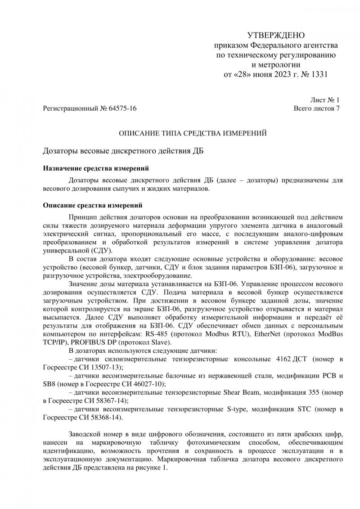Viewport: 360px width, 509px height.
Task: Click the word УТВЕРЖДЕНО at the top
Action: click(x=276, y=36)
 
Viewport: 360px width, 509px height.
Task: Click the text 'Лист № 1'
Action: click(x=325, y=100)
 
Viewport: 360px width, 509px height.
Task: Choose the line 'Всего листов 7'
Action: click(x=316, y=108)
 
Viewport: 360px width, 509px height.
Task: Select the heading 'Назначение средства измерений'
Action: click(x=95, y=169)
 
